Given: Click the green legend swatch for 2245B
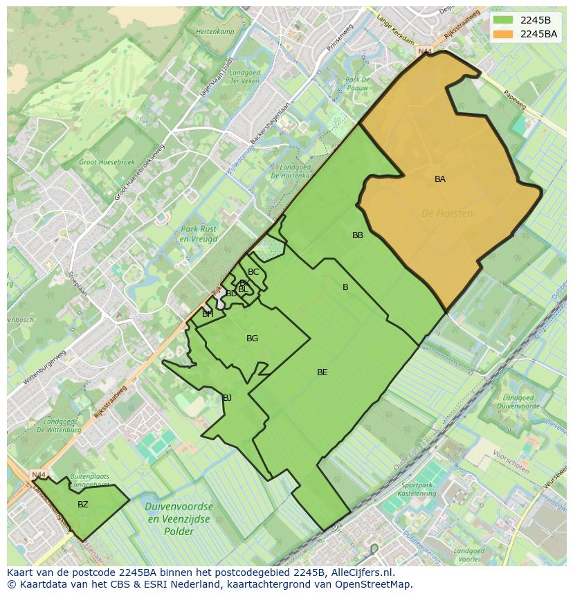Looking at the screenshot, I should (502, 20).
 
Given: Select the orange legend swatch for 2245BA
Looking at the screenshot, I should (502, 34).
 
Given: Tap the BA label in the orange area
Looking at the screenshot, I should (440, 179).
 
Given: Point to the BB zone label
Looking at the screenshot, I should (358, 235).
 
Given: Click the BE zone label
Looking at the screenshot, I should (322, 372).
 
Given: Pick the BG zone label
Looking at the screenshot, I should (252, 338).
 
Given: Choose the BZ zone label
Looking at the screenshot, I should (83, 505).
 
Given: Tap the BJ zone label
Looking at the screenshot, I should (227, 398).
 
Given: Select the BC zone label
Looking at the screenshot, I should (253, 272).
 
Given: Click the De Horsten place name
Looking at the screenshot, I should (447, 214).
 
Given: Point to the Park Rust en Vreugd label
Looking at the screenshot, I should (199, 234).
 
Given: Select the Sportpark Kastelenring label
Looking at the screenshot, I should (418, 489).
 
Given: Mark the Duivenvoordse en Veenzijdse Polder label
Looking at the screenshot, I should (179, 519).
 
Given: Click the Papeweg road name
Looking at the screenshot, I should (515, 101).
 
